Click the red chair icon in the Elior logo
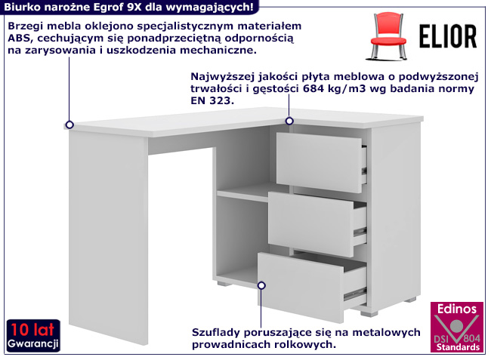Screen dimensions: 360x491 pos(390,35)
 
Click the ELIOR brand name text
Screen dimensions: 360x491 pos(447,35)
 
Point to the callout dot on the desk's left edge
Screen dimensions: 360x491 pos(69,125)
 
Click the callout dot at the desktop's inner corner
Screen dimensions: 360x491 pos(289,121)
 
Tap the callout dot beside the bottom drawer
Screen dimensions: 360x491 pos(261,285)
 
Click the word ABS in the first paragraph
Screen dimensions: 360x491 pos(18,37)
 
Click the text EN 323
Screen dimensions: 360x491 pos(207,100)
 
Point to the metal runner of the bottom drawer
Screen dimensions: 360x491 pos(355,288)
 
